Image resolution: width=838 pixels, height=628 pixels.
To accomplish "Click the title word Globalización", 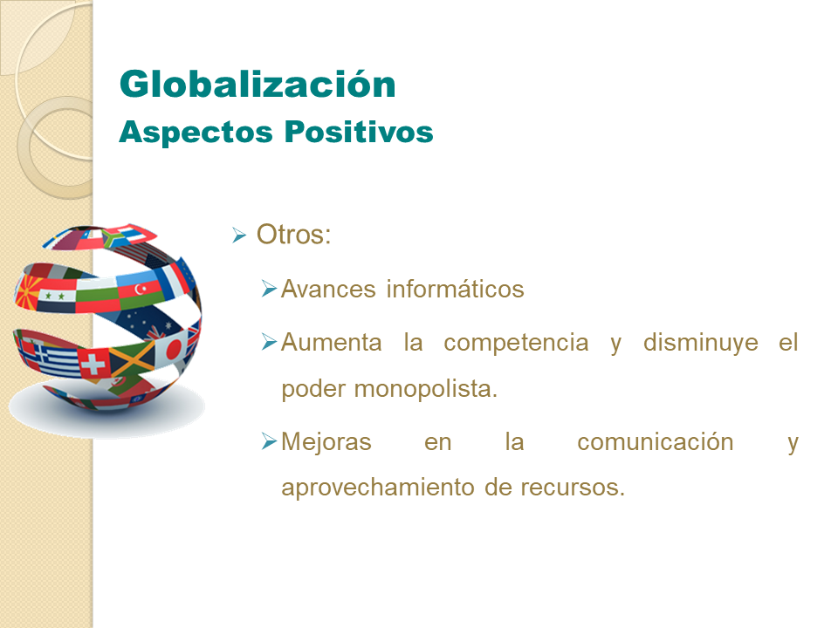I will (x=258, y=85).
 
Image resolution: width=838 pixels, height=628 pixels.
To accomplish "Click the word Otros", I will (x=293, y=235).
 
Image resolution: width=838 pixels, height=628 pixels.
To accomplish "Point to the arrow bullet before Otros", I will (x=239, y=236).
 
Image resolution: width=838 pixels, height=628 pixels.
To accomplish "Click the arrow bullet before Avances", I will (x=269, y=289).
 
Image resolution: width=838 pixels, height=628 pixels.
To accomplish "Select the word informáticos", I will (x=455, y=290).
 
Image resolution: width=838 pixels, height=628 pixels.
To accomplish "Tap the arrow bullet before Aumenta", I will (x=269, y=342).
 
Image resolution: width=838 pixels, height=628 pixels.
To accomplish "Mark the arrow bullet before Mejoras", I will (x=269, y=442).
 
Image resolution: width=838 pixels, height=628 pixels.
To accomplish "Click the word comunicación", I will (x=655, y=442).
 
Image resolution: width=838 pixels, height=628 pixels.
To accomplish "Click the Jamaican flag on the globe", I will (x=133, y=356).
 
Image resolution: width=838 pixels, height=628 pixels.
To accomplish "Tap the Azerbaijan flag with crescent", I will (x=140, y=288).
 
